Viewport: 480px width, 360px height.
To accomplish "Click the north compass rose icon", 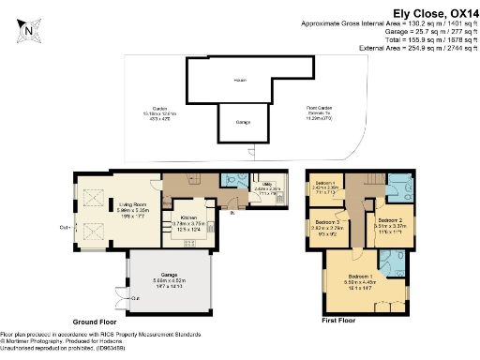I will (29, 29).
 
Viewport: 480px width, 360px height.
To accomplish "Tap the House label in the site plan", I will (240, 81).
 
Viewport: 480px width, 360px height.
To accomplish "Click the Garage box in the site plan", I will (243, 123).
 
